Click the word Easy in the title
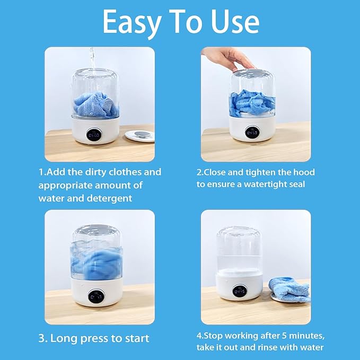133,22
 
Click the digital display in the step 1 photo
94,136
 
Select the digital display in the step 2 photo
251,133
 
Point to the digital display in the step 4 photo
239,291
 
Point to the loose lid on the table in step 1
139,135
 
